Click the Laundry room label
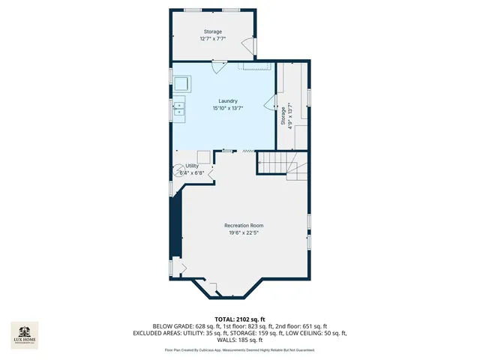pos(228,101)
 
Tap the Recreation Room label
pos(244,225)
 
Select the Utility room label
pos(192,166)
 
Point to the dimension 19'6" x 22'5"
pos(244,232)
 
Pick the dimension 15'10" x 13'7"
pos(228,109)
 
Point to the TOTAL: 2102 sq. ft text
pos(239,319)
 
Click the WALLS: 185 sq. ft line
pos(239,340)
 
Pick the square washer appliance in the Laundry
pos(181,83)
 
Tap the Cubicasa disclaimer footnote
pos(239,350)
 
